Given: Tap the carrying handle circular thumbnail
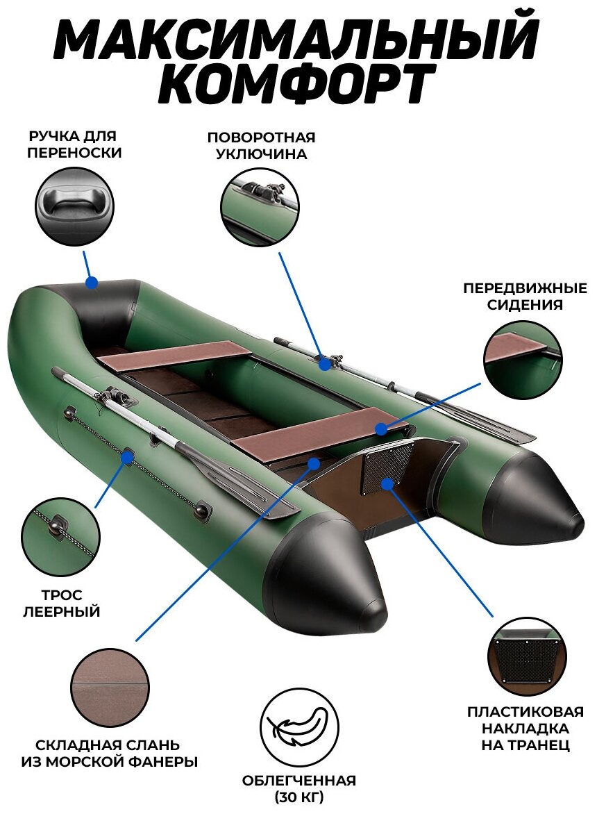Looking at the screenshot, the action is (x=74, y=204).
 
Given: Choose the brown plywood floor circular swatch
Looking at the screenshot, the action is (x=110, y=687).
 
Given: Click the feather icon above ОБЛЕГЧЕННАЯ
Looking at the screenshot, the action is (x=298, y=726).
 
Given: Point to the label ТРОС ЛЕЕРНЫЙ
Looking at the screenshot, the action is (x=62, y=604).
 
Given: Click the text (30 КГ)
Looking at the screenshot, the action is (x=298, y=796).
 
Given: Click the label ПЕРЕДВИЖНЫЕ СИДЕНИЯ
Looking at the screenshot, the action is (x=524, y=296).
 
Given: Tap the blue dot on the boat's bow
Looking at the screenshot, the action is (x=91, y=282).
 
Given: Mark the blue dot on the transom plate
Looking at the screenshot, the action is (x=387, y=481).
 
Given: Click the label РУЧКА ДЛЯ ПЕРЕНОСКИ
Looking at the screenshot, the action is (x=74, y=144).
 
